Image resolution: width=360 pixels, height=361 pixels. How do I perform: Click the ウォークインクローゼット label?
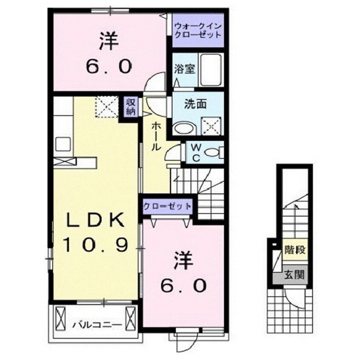coord(197,30)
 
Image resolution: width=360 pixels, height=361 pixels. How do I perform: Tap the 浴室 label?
coord(185,69)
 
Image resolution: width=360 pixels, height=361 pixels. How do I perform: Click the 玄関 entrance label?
coord(294,275)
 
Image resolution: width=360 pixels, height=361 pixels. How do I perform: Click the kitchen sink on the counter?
coord(63,143)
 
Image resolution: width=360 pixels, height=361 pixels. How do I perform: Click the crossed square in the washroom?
coord(211,126)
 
